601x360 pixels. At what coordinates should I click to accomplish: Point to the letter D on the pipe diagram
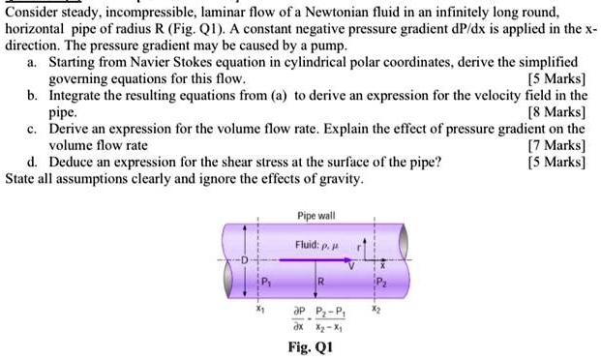click(246, 260)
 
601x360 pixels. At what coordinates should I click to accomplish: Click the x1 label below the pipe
click(259, 312)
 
